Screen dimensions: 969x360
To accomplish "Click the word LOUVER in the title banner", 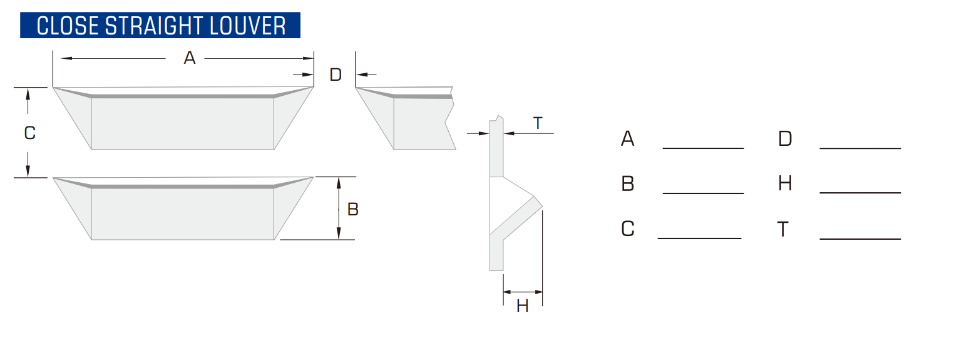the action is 247,26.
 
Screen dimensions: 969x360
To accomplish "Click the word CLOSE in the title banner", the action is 68,26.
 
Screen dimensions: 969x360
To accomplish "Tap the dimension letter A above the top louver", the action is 190,58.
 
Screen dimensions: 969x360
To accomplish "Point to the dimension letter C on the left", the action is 29,133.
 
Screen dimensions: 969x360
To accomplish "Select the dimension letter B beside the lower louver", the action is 353,209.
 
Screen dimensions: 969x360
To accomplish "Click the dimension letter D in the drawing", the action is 336,75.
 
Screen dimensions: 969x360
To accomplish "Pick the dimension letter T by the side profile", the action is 538,123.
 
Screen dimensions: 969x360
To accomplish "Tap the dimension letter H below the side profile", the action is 523,306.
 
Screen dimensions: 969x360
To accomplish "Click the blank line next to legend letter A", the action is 703,148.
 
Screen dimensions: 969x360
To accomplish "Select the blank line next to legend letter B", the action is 703,193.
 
